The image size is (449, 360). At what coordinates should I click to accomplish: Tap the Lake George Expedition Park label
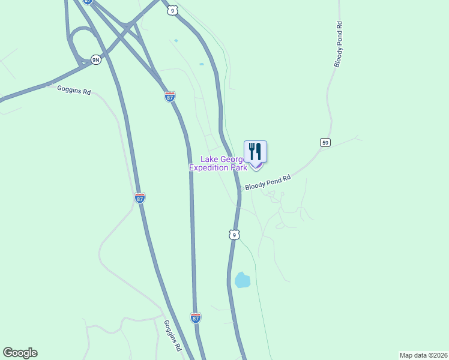pyautogui.click(x=218, y=164)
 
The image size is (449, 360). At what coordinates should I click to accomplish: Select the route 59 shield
pyautogui.click(x=325, y=142)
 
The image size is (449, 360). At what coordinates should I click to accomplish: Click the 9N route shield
pyautogui.click(x=95, y=59)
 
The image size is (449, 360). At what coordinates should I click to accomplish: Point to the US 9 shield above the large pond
pyautogui.click(x=234, y=234)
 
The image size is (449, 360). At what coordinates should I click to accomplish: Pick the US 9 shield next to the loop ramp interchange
pyautogui.click(x=172, y=10)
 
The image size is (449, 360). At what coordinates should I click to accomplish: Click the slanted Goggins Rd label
pyautogui.click(x=172, y=335)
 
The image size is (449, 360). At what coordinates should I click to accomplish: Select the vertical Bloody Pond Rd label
pyautogui.click(x=339, y=44)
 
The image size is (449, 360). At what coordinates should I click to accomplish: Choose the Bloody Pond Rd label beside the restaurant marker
pyautogui.click(x=268, y=183)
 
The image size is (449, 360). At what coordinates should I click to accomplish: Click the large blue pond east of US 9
pyautogui.click(x=242, y=280)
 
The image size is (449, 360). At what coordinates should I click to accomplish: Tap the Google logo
pyautogui.click(x=20, y=353)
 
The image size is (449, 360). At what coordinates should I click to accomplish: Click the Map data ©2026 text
pyautogui.click(x=423, y=355)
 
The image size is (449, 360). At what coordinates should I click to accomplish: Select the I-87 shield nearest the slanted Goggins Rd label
pyautogui.click(x=196, y=318)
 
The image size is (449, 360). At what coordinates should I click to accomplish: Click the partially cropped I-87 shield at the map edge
pyautogui.click(x=88, y=2)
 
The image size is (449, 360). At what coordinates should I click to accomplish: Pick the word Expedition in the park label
pyautogui.click(x=209, y=168)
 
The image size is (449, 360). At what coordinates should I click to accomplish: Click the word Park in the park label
pyautogui.click(x=239, y=168)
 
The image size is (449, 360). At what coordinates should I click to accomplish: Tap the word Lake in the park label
pyautogui.click(x=209, y=160)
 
